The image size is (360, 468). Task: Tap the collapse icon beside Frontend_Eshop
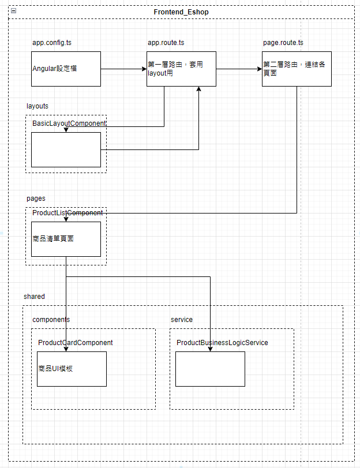14,12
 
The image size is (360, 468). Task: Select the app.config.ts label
52,43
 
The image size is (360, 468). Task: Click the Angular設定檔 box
66,69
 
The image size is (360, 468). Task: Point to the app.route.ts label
166,43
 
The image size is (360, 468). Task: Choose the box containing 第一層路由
181,69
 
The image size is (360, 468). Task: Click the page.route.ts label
283,43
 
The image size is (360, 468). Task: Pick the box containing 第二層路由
297,69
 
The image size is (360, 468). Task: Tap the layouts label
37,106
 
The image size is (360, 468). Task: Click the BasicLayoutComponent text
69,123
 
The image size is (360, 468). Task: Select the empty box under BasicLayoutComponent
66,149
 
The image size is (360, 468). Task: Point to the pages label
36,199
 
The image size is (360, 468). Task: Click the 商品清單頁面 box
66,239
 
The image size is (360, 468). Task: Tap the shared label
34,297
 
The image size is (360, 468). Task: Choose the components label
51,320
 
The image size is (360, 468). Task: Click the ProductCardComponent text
76,343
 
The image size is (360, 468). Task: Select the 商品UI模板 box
72,369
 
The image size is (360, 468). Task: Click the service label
182,320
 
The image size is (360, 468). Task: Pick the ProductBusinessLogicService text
222,343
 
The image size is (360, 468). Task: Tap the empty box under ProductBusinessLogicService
211,369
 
